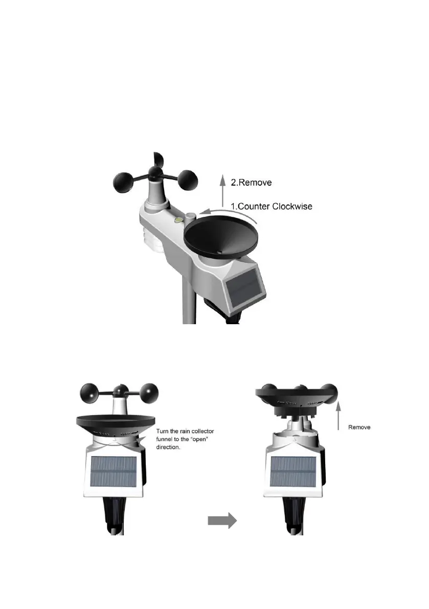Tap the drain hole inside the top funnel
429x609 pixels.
[x=218, y=252]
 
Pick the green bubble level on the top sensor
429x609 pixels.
[x=178, y=220]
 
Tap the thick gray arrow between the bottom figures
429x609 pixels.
[x=222, y=521]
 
